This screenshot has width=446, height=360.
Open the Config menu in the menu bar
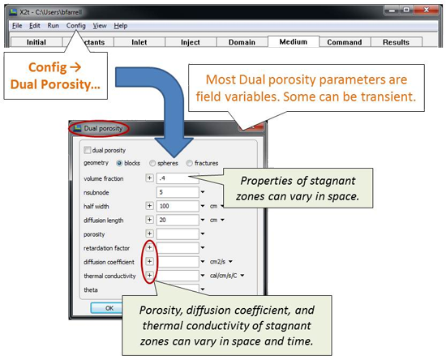point(75,26)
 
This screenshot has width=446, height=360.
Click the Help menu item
point(121,26)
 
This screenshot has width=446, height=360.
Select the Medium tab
point(294,42)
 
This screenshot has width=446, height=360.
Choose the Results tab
point(396,42)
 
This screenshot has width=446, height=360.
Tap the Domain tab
point(242,42)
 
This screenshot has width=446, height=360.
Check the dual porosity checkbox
point(88,150)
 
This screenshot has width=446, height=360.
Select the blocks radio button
point(119,163)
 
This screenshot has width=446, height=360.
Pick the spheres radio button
point(152,163)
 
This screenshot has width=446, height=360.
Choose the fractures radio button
point(190,163)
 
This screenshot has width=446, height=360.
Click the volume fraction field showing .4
point(178,178)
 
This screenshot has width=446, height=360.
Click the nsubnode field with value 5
point(178,192)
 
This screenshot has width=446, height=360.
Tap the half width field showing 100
point(178,206)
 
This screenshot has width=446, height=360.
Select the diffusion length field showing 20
point(178,220)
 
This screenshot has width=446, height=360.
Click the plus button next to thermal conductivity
point(150,275)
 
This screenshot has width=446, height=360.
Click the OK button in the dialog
point(109,308)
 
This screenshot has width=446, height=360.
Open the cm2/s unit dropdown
point(230,262)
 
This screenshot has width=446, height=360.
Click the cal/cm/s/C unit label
point(224,276)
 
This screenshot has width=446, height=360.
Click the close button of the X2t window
point(427,11)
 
